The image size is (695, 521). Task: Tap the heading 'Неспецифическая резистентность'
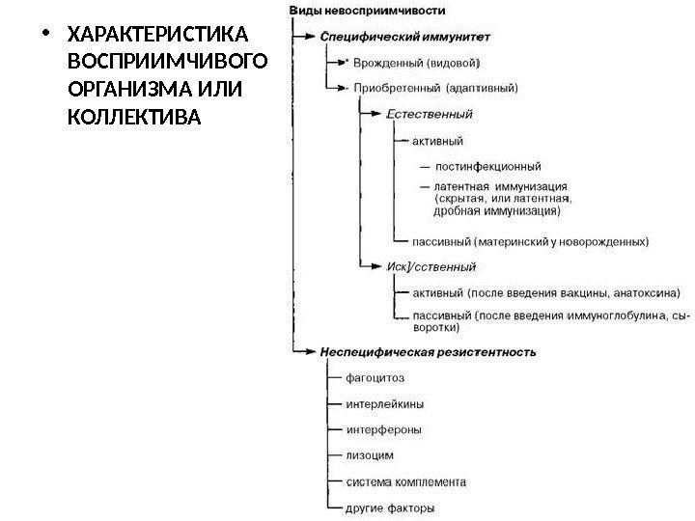pyautogui.click(x=428, y=352)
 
